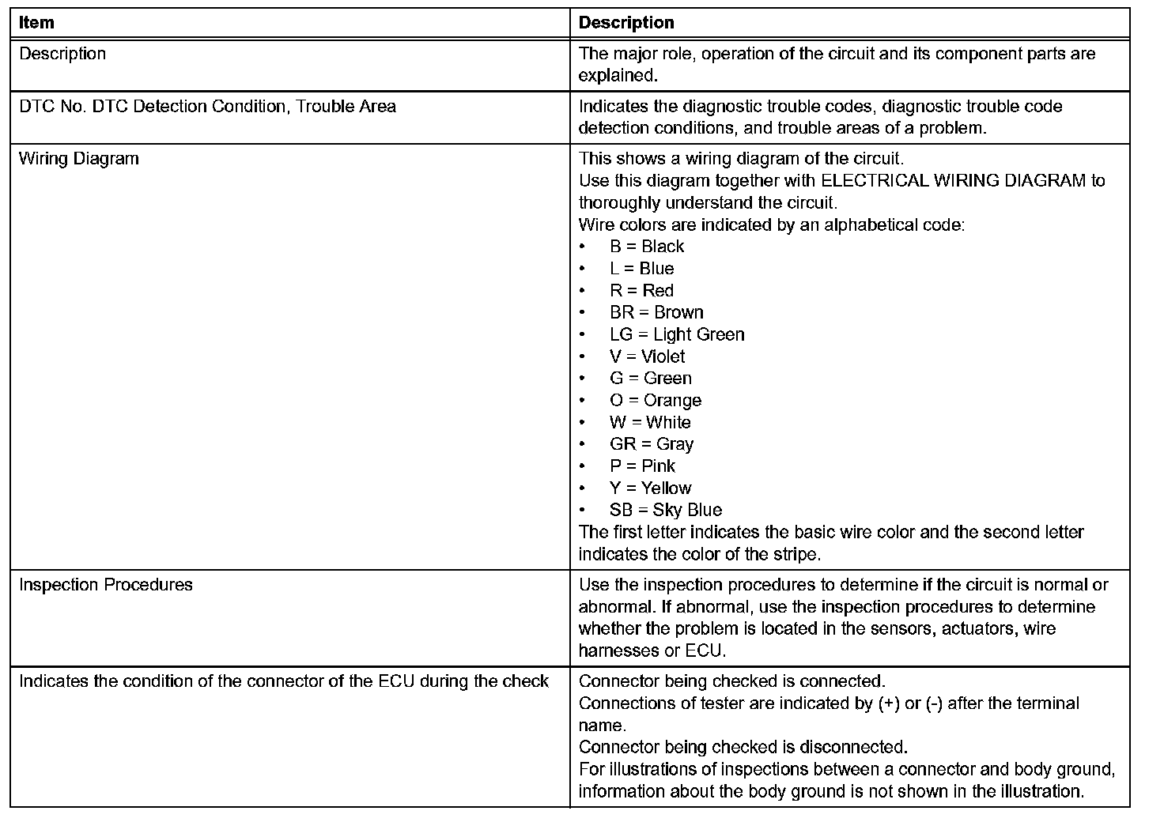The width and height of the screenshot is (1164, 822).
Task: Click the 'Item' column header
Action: point(36,23)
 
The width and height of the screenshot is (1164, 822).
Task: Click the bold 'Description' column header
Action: point(626,23)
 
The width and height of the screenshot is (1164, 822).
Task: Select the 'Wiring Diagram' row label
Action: point(78,159)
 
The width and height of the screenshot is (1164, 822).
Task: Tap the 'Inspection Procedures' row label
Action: point(105,585)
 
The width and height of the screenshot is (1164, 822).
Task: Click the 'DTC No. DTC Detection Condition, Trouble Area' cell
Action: point(207,107)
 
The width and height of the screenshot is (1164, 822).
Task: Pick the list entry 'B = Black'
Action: point(646,247)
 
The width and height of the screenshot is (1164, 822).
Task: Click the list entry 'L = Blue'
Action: point(641,269)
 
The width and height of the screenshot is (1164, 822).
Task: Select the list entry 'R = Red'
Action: point(641,291)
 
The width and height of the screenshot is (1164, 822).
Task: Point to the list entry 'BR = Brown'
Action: point(656,313)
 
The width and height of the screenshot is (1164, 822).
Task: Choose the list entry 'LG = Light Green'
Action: point(677,335)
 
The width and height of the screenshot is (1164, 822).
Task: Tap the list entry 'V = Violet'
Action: point(647,357)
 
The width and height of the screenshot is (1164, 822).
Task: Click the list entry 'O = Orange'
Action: point(656,401)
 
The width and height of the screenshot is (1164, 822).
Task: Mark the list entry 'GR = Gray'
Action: point(651,444)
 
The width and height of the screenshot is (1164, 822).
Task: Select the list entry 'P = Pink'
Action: point(642,466)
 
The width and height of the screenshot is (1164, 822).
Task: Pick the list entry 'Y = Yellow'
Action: point(650,488)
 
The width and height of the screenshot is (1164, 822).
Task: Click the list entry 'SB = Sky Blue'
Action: point(665,511)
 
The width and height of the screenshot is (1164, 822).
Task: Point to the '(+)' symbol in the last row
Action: point(889,703)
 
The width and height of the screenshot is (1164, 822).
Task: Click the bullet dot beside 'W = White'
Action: point(583,423)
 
